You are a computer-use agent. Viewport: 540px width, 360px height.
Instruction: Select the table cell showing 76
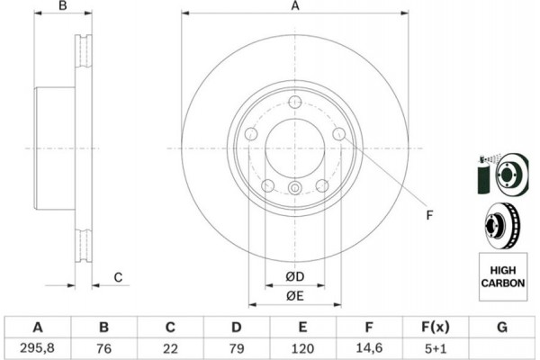click(103, 346)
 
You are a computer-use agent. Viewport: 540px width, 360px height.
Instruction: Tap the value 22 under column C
click(169, 346)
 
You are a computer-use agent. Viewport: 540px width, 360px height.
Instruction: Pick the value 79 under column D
click(236, 346)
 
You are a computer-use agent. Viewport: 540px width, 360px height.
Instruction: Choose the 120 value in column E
click(302, 346)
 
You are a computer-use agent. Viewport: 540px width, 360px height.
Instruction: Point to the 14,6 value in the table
click(369, 346)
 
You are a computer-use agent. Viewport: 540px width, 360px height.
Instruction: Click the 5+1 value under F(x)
click(435, 346)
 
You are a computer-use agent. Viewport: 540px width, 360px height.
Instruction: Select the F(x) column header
click(435, 326)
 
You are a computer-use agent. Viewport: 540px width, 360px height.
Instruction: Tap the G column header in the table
click(500, 326)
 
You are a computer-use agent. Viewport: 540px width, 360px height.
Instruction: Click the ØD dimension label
click(294, 274)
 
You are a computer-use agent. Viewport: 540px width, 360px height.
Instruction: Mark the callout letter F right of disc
click(429, 215)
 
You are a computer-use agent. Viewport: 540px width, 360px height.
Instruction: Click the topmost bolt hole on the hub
click(295, 102)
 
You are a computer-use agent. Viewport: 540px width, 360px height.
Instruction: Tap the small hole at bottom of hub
click(295, 187)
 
